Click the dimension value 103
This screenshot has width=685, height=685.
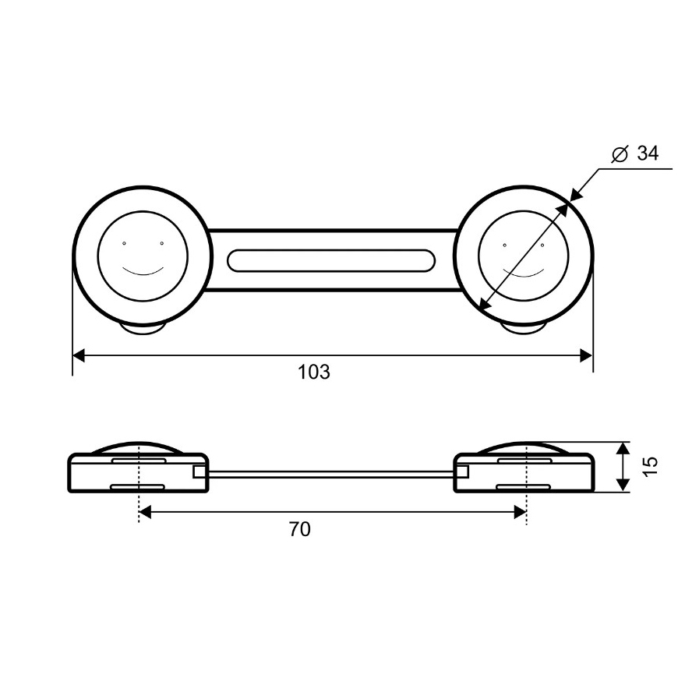314,372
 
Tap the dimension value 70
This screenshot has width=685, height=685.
299,530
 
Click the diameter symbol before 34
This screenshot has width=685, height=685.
620,154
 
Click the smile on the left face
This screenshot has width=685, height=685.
143,271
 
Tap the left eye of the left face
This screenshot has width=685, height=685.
124,244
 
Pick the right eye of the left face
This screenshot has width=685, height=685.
162,244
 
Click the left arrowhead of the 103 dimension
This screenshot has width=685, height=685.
78,355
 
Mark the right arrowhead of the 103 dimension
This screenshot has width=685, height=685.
587,355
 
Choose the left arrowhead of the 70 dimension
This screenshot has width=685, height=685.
144,511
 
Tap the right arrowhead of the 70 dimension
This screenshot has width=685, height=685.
521,511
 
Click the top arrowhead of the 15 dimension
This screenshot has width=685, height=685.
623,447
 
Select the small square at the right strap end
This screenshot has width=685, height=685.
462,471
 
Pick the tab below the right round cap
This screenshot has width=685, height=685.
523,331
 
